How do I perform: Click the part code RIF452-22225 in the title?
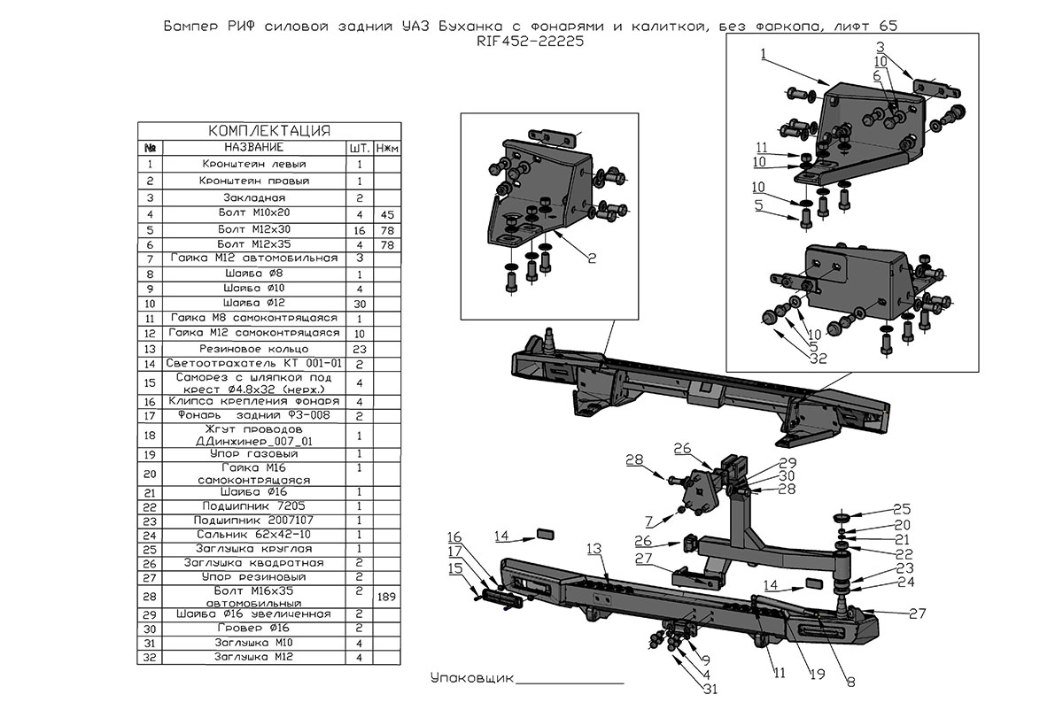[x=531, y=42]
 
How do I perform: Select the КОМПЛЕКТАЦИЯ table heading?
[x=269, y=131]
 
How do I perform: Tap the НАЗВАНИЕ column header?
[x=254, y=146]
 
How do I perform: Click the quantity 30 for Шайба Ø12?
[x=360, y=304]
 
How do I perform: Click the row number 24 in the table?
[x=150, y=535]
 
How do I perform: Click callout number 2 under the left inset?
[x=591, y=259]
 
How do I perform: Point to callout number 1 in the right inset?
[x=763, y=55]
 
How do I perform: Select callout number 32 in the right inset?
[x=816, y=359]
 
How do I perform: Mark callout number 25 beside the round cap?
[x=902, y=509]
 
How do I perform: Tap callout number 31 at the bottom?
[x=710, y=690]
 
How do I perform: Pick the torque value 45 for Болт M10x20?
[x=386, y=215]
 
